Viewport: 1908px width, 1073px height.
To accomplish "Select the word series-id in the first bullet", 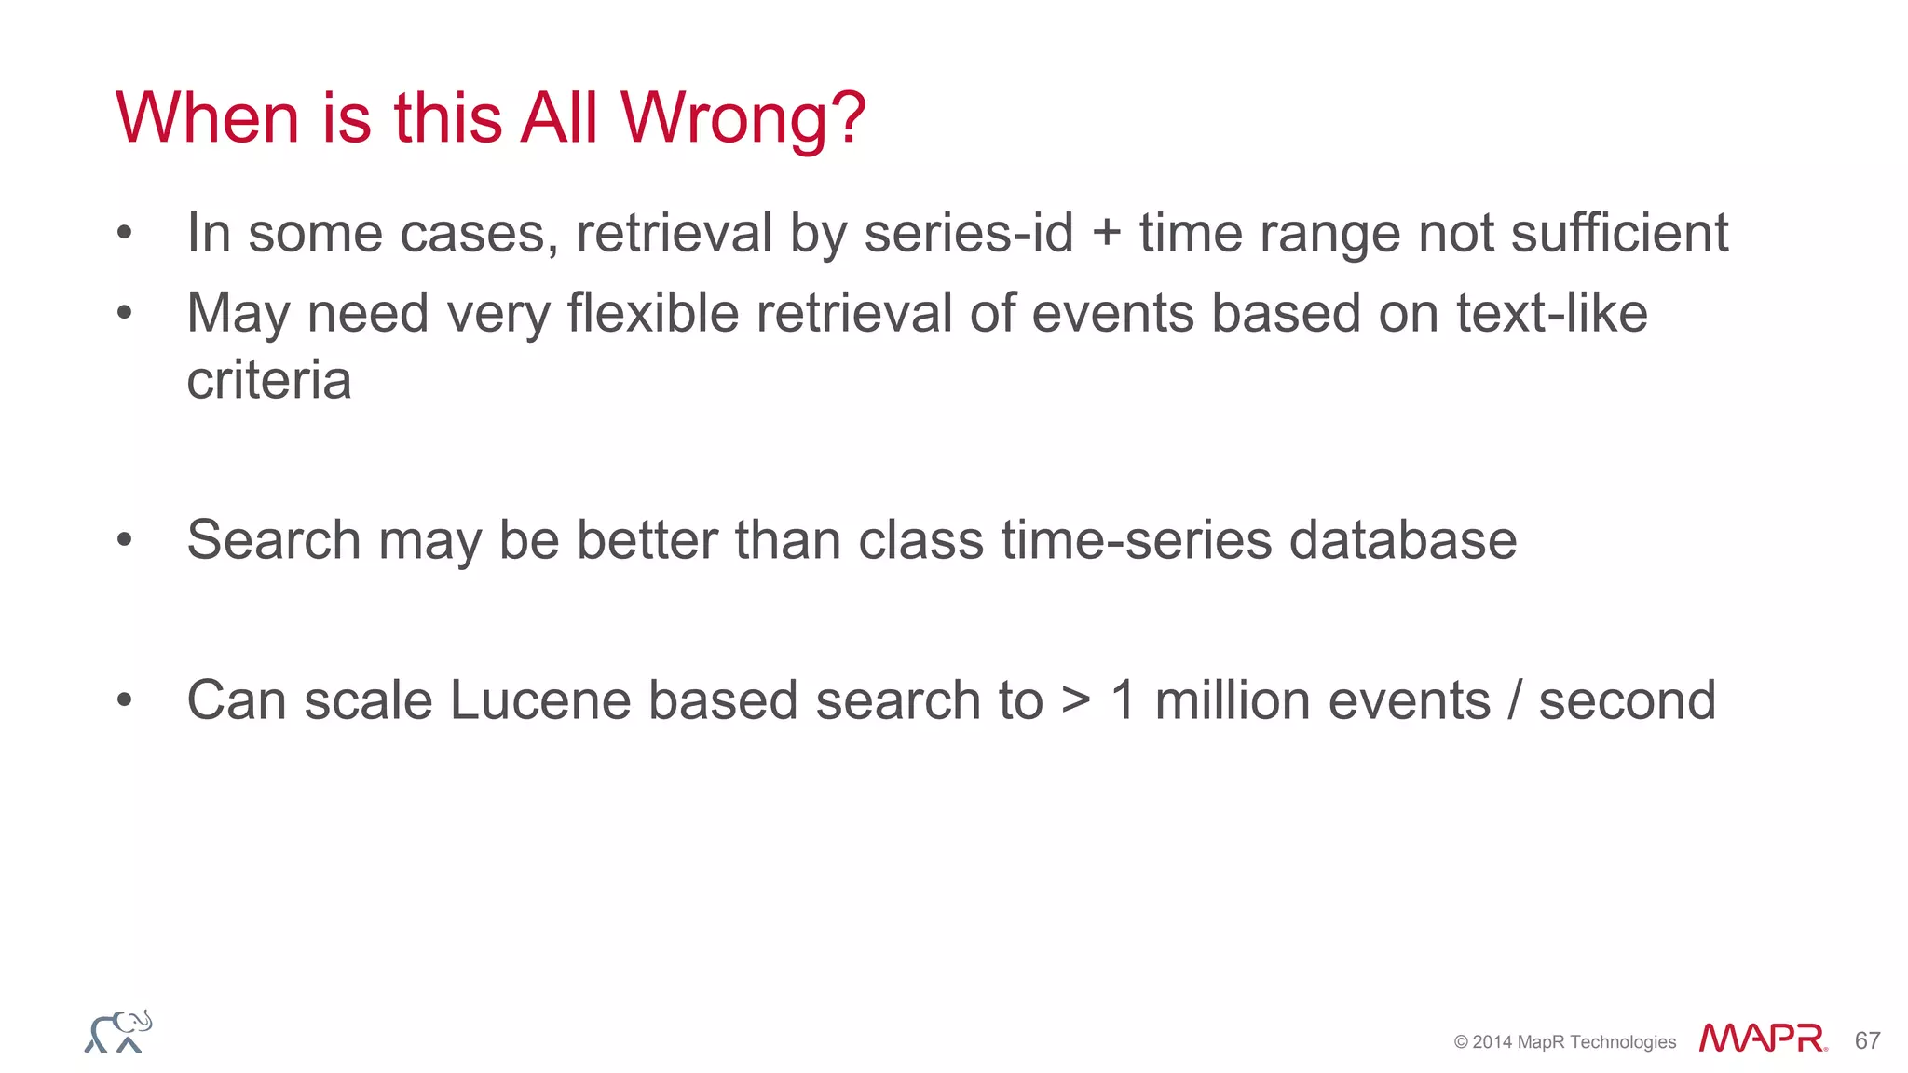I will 969,233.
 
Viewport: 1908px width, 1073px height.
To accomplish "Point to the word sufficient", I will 1619,233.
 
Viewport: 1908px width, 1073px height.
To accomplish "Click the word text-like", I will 1551,313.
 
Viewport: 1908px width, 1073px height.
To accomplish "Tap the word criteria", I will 269,381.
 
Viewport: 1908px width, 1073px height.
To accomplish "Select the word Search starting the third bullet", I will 274,540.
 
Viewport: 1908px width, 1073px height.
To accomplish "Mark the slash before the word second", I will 1515,700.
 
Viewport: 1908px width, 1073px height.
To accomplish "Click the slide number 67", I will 1867,1040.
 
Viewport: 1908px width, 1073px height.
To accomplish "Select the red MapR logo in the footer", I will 1762,1038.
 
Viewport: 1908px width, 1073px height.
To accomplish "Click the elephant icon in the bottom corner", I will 118,1032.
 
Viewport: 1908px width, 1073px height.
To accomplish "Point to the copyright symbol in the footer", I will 1461,1042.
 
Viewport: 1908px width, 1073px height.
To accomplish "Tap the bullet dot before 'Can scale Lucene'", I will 125,700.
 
